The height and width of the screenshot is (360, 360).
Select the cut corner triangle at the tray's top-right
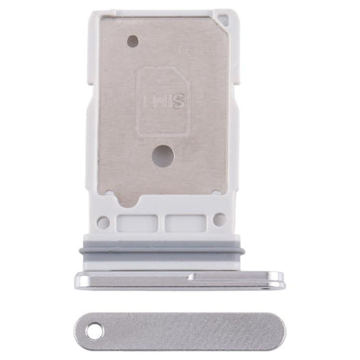pos(224,17)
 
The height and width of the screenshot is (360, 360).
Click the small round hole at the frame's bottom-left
pos(103,222)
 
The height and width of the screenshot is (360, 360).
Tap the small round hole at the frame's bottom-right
pos(219,220)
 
